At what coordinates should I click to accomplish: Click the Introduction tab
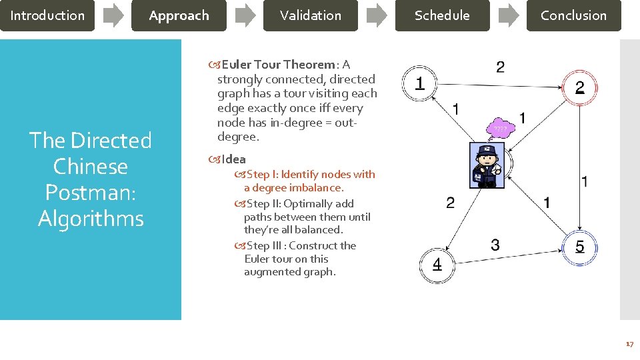coord(47,15)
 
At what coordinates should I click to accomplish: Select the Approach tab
coord(179,15)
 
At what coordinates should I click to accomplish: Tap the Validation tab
coord(310,15)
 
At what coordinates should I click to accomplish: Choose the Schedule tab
coord(442,15)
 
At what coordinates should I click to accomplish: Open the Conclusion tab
coord(573,15)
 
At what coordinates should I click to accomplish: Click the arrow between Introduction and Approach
coord(113,15)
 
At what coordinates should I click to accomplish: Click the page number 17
coord(629,344)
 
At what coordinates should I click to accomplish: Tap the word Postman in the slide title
coord(91,192)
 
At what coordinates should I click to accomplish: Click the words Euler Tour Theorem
coord(278,65)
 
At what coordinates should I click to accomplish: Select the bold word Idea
coord(233,159)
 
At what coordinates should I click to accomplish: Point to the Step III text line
coord(301,245)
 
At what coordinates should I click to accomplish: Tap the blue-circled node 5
coord(579,247)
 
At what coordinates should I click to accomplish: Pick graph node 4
coord(437,265)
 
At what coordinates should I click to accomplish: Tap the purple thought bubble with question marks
coord(501,129)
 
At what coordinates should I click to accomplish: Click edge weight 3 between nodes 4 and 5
coord(495,245)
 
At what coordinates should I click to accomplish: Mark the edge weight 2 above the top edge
coord(500,67)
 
